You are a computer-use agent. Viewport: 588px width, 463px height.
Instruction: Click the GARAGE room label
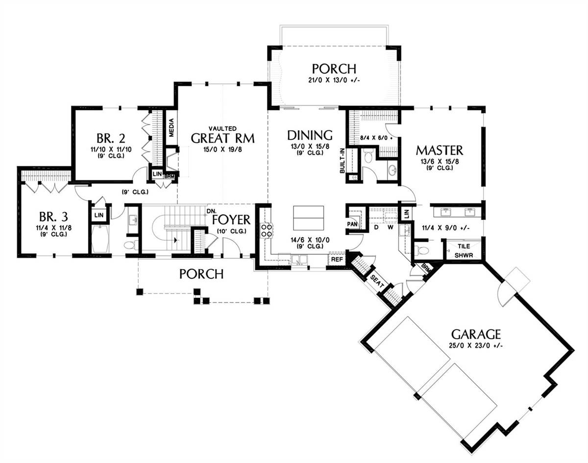(476, 334)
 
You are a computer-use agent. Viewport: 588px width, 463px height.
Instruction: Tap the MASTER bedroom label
(440, 150)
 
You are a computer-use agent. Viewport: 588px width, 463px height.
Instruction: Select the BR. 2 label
(111, 138)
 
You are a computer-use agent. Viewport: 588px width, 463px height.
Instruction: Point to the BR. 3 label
(53, 217)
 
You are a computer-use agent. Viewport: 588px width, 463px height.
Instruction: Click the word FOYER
(231, 219)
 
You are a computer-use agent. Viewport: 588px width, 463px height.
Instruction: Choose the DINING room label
(310, 135)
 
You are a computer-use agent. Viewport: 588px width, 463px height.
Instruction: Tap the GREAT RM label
(222, 138)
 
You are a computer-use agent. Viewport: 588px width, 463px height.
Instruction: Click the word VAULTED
(222, 128)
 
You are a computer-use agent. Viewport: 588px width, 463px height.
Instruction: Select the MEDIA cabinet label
(171, 128)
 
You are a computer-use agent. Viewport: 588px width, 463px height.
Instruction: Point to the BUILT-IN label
(343, 160)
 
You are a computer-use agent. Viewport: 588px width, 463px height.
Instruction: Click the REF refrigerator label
(337, 259)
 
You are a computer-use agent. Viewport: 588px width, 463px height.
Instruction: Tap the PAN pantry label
(352, 224)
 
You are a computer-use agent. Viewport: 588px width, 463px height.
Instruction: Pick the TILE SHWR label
(464, 251)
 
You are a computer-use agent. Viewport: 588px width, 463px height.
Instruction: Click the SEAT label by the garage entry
(377, 281)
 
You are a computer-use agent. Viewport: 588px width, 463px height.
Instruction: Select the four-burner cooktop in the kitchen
(267, 230)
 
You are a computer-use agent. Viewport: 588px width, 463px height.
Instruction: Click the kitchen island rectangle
(309, 218)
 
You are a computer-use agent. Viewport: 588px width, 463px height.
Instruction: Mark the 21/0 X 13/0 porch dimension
(334, 81)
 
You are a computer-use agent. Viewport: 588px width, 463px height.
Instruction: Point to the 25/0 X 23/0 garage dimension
(476, 346)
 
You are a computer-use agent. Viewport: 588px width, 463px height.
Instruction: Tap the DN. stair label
(211, 211)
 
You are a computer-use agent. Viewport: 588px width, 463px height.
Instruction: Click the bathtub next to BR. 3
(100, 239)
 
